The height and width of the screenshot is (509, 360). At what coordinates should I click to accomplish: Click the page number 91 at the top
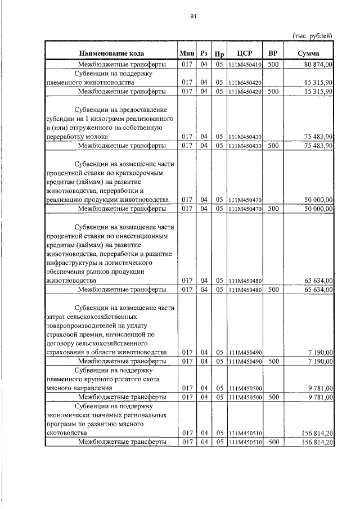(192, 17)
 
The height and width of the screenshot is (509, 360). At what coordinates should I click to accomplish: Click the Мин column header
(186, 53)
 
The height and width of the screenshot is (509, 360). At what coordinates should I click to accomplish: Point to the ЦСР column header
(245, 53)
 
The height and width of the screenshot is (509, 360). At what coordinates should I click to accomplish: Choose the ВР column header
(273, 53)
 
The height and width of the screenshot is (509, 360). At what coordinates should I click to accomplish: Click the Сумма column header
(309, 53)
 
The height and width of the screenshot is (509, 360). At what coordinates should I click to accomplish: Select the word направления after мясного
(90, 388)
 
